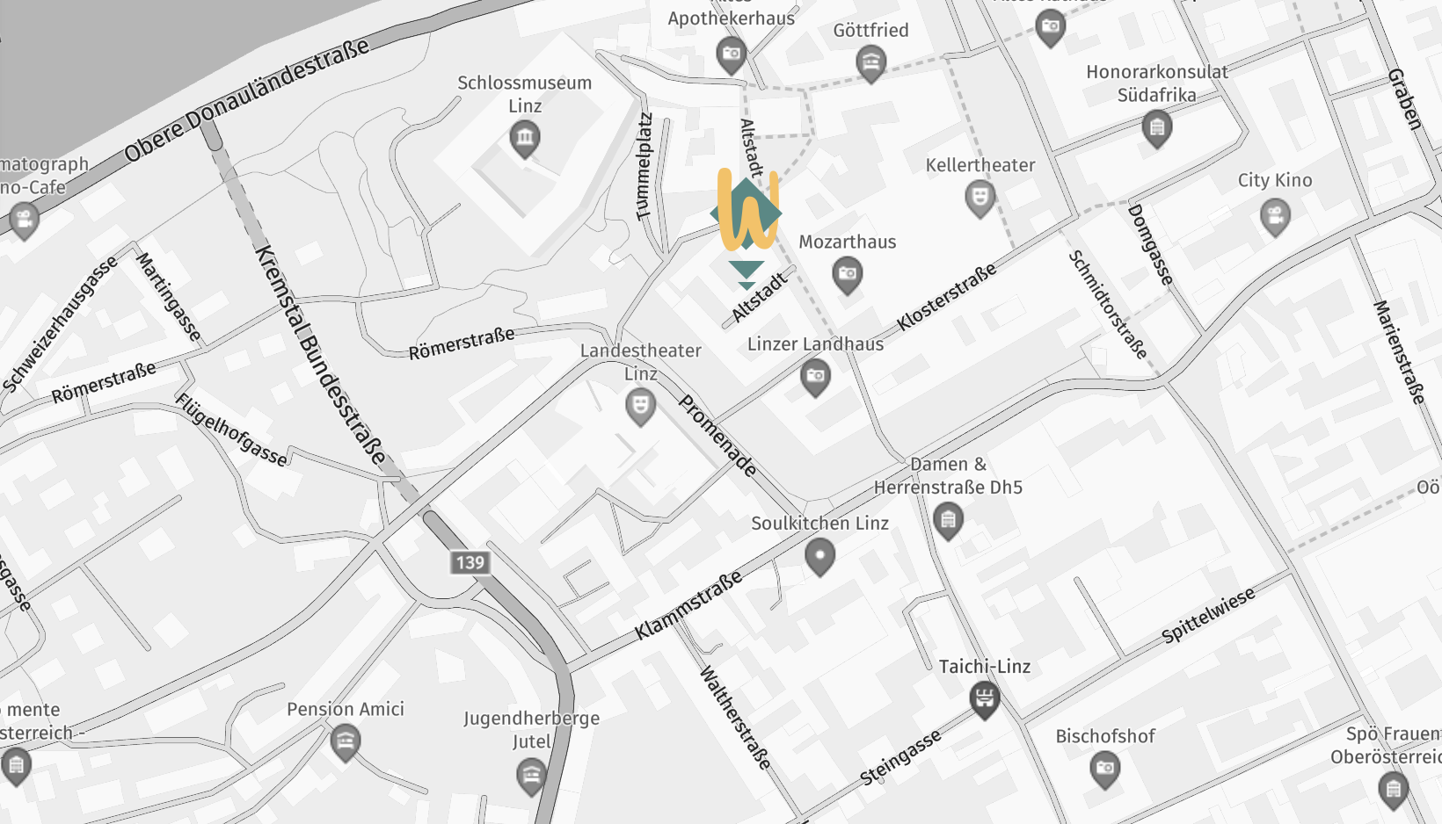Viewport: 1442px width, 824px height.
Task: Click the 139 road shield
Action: coord(470,562)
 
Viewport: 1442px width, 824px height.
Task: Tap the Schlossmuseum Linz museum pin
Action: coord(525,138)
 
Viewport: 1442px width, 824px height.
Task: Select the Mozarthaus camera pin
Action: coord(847,274)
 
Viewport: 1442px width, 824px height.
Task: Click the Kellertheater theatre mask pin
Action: coord(980,197)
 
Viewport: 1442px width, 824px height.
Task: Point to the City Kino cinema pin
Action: coord(1275,214)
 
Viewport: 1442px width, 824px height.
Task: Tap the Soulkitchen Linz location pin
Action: coord(819,555)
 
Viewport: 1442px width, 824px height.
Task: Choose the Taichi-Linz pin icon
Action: coord(984,699)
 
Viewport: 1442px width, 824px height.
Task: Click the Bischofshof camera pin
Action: coord(1104,769)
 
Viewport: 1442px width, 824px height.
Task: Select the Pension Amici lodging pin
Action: coord(346,741)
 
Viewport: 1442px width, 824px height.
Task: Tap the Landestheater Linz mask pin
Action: coord(640,406)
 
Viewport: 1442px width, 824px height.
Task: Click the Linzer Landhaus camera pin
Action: coord(815,377)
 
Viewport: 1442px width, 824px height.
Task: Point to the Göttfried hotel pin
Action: coord(870,62)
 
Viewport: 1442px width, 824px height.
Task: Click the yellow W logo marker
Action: coord(747,212)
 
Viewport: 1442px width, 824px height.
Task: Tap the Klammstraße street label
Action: coord(688,604)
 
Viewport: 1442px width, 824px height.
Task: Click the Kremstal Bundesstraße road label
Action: coord(320,355)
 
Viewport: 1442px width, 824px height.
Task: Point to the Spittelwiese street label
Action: coord(1208,615)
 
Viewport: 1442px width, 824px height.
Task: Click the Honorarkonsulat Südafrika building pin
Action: coord(1156,128)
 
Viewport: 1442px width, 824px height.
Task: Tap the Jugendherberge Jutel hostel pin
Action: coord(531,775)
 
